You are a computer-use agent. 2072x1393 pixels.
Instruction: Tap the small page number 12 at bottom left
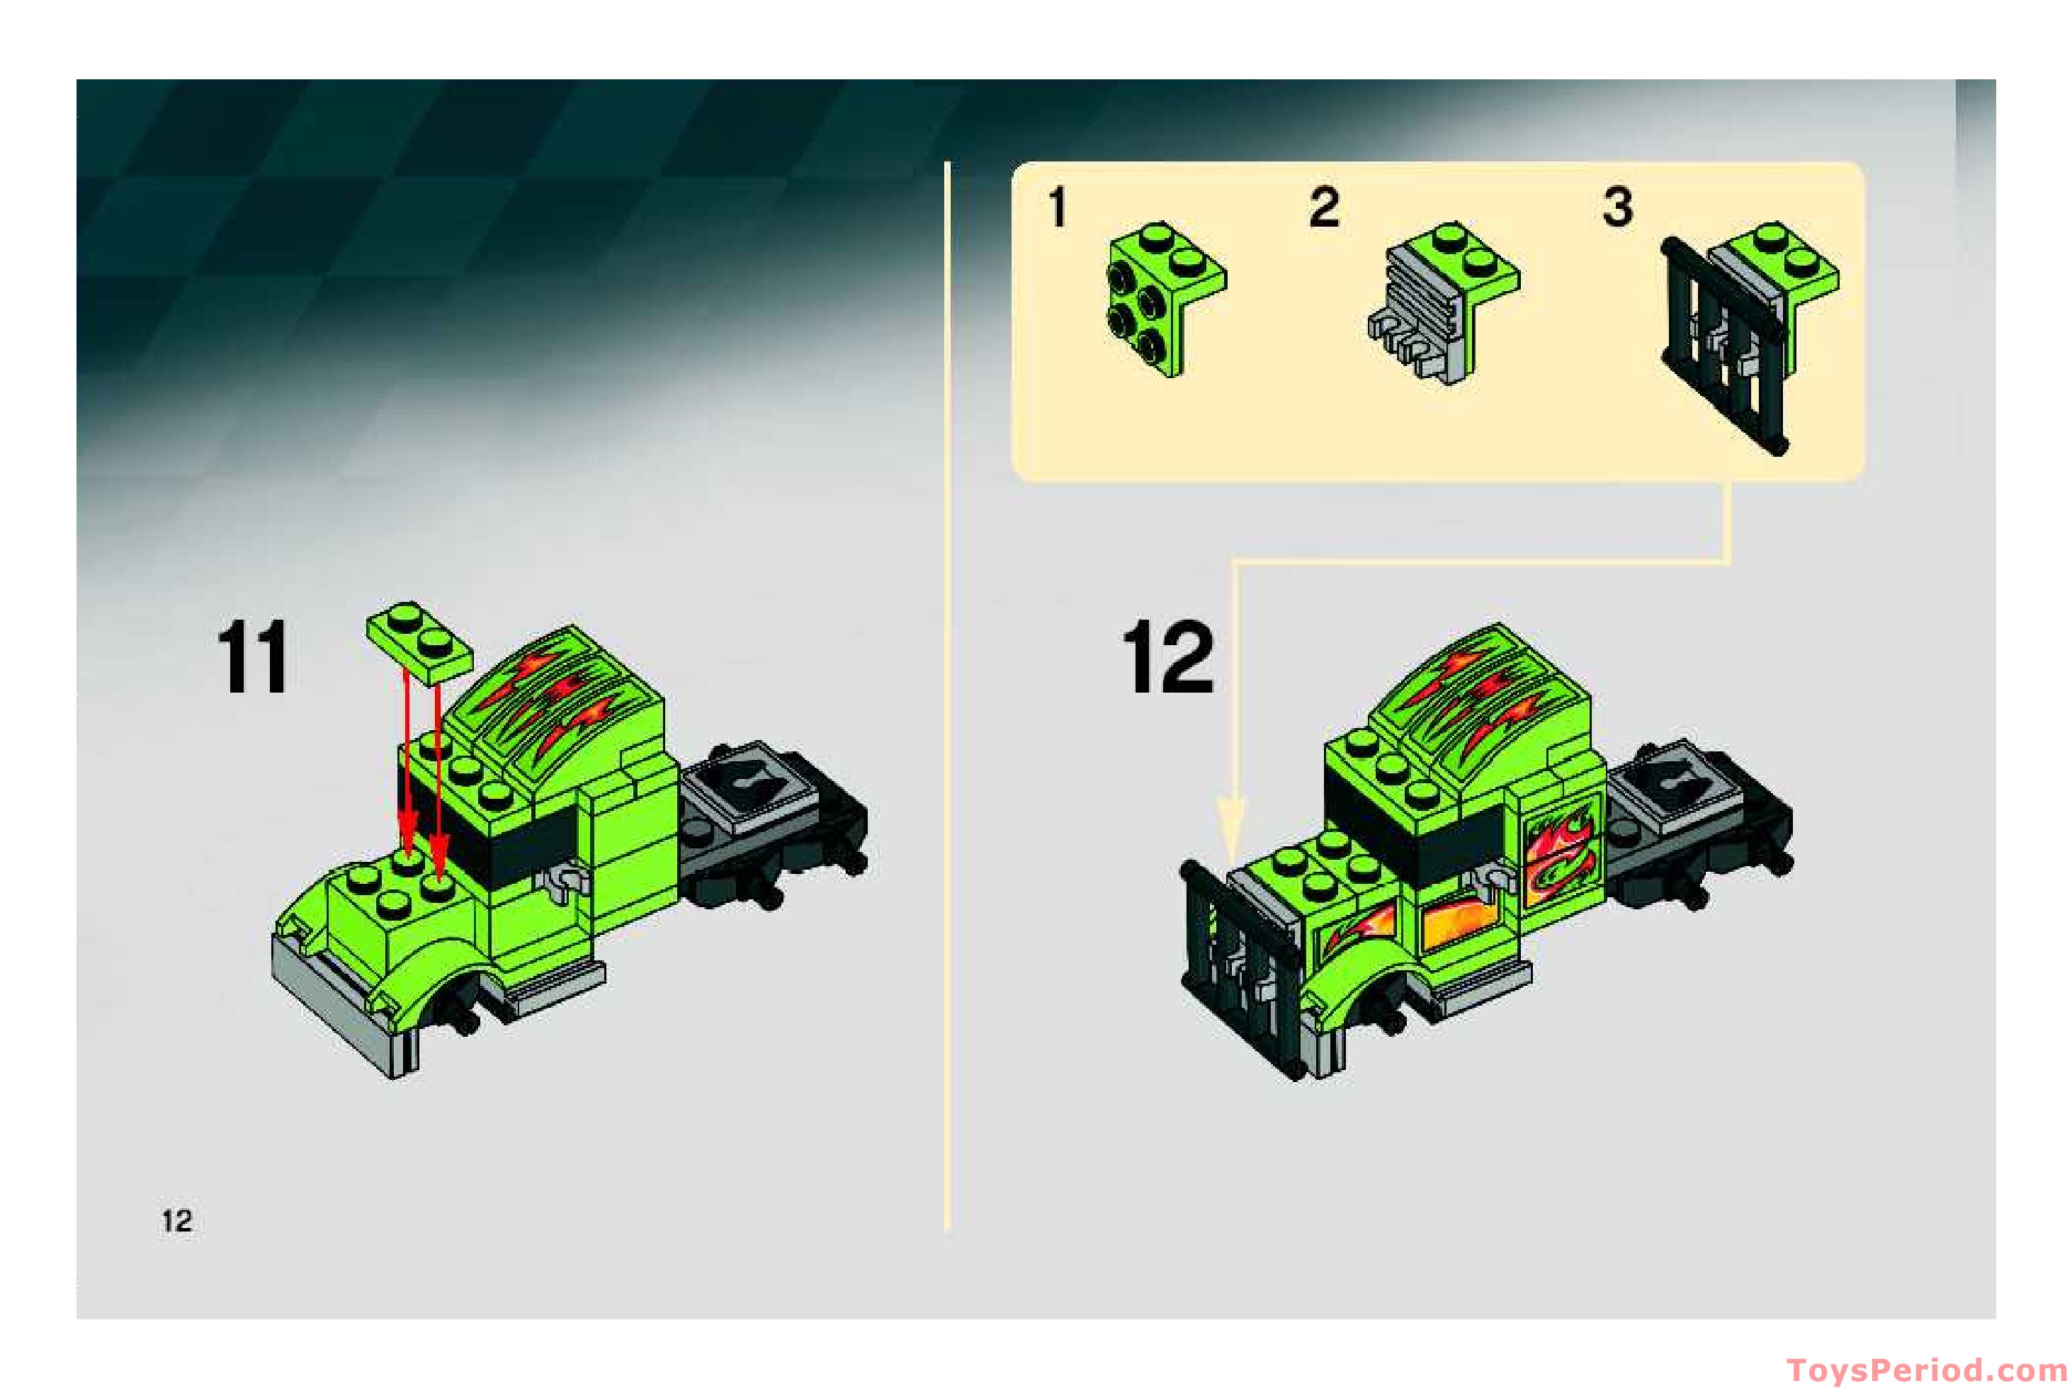pyautogui.click(x=177, y=1221)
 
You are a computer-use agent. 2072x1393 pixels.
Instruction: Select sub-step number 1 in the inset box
pyautogui.click(x=1056, y=209)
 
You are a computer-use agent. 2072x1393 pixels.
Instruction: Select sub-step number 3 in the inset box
pyautogui.click(x=1617, y=208)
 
